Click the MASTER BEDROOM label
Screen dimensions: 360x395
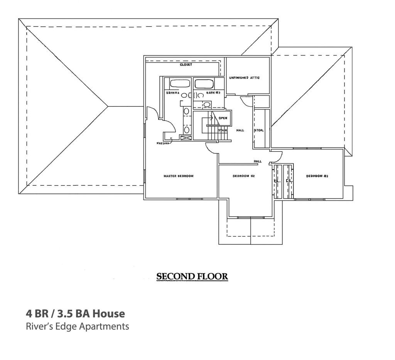point(178,176)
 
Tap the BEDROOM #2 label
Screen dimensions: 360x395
point(244,176)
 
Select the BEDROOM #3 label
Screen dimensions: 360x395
point(317,176)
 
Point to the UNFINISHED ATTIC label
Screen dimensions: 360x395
point(244,78)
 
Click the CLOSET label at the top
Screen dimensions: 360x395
point(186,65)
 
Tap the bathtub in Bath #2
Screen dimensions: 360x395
point(180,84)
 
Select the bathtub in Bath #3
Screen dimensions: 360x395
point(203,84)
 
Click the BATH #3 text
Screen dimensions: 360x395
point(213,93)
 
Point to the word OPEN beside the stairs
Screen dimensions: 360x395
point(223,118)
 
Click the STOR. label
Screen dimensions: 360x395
point(259,130)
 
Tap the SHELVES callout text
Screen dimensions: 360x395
point(163,143)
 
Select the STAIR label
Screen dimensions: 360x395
point(222,130)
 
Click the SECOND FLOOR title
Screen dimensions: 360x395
point(192,277)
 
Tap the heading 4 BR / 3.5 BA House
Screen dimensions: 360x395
point(76,313)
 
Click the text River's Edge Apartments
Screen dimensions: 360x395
point(77,326)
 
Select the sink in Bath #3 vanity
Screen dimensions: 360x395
point(207,104)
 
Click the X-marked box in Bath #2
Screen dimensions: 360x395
point(186,138)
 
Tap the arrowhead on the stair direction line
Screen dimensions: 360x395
point(211,118)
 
